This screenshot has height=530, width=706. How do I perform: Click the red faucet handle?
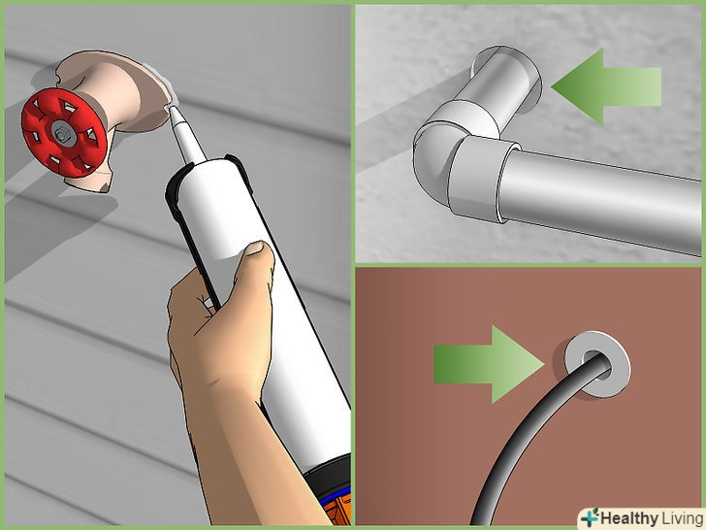(x=63, y=133)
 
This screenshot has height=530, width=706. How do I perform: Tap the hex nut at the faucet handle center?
(x=59, y=133)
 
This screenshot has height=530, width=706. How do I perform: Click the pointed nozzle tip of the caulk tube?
(x=171, y=107)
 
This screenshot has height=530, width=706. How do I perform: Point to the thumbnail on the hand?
(x=258, y=248)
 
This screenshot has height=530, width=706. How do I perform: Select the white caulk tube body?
(x=252, y=271)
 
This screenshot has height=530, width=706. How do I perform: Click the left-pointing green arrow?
(x=606, y=86)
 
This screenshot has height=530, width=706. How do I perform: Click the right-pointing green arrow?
(x=490, y=364)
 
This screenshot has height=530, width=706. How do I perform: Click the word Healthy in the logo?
(x=629, y=518)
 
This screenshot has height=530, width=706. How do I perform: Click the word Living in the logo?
(x=681, y=518)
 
